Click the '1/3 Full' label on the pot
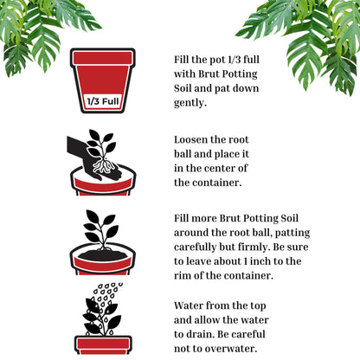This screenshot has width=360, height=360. (102, 105)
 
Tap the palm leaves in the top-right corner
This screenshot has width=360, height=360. (312, 39)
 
